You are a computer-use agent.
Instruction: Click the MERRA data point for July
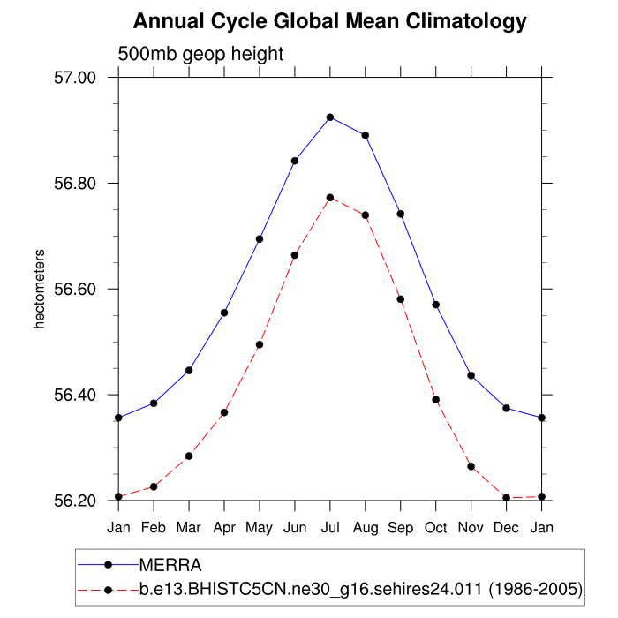point(330,117)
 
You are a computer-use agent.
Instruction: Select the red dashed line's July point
point(330,197)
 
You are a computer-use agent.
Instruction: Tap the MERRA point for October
point(436,305)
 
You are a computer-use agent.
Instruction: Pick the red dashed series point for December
point(507,498)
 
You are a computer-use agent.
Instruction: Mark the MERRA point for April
point(224,313)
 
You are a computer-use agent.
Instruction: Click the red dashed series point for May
point(260,344)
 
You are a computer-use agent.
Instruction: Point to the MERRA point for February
point(154,403)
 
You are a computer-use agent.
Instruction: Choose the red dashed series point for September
point(401,299)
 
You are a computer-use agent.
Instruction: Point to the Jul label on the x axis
point(330,527)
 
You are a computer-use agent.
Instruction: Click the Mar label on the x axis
point(189,527)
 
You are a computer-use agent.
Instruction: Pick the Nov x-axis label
point(471,527)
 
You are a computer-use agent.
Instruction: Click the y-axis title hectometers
point(39,289)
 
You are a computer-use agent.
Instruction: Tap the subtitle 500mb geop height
point(200,54)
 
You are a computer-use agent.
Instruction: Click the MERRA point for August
point(366,135)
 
